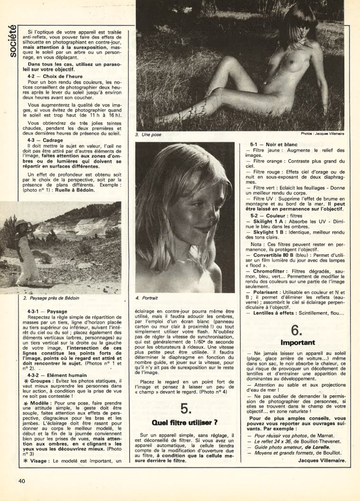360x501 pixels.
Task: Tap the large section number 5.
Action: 185,409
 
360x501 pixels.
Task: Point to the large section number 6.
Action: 297,330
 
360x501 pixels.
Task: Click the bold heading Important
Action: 297,342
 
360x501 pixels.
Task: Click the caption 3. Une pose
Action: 148,135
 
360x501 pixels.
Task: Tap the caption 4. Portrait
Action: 147,298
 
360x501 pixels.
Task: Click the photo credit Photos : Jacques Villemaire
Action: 322,134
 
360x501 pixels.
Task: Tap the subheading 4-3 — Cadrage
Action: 45,140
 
